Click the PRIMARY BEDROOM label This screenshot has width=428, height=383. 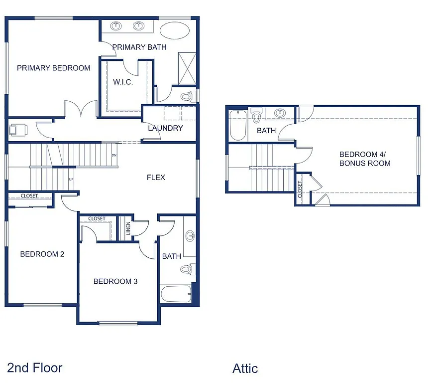(54, 68)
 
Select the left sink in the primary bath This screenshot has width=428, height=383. (117, 26)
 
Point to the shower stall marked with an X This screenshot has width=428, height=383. (188, 69)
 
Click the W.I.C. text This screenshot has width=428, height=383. (123, 82)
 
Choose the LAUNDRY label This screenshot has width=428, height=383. (165, 128)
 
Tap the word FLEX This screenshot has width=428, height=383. (156, 178)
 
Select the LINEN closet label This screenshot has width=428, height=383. (128, 228)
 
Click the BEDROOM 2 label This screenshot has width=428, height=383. (42, 254)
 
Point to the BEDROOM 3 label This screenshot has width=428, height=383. (115, 281)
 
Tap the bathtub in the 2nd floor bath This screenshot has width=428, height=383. (176, 295)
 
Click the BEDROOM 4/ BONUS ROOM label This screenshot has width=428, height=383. (365, 159)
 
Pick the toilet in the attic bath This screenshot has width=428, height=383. (257, 116)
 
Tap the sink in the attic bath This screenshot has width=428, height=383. (280, 113)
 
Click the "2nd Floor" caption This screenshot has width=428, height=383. (35, 368)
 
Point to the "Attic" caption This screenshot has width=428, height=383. (245, 369)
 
